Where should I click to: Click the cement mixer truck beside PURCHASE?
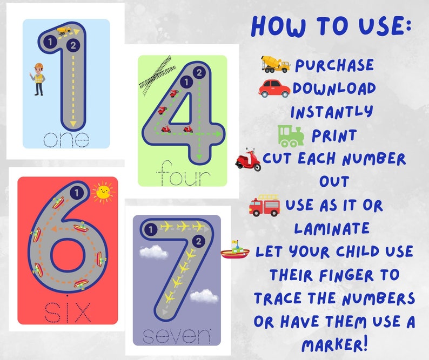[275, 64]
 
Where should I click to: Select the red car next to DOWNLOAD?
[274, 88]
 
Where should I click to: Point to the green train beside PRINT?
[291, 135]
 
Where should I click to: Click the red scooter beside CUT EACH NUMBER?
[249, 160]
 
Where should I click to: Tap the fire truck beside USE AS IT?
[264, 206]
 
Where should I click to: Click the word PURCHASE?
[334, 65]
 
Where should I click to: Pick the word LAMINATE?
[332, 228]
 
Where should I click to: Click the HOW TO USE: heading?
[332, 25]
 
